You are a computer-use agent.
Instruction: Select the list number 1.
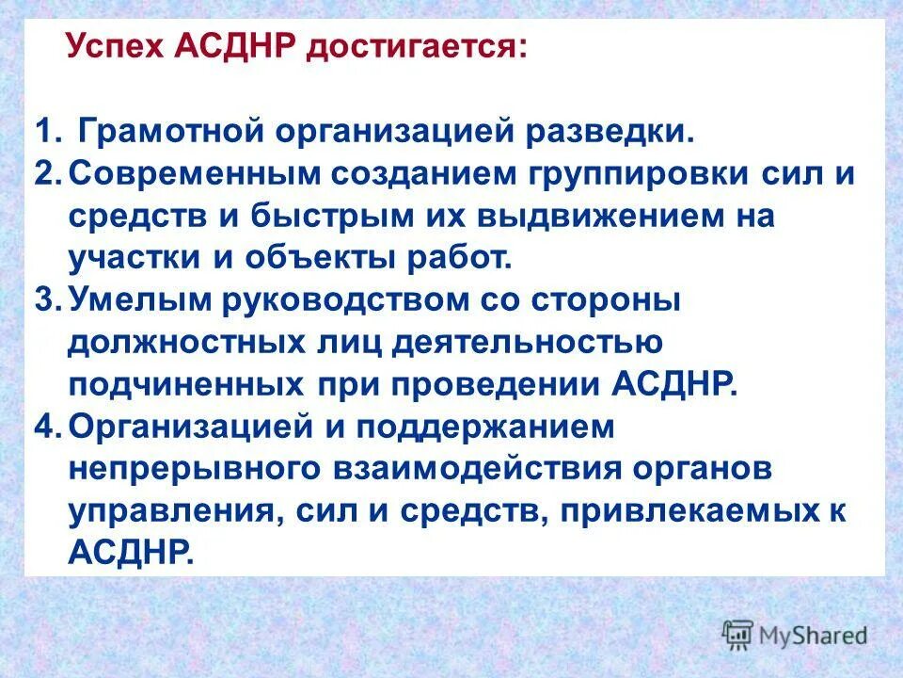[x=47, y=131]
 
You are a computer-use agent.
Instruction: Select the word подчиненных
[x=169, y=385]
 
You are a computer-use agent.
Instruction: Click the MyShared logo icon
[x=737, y=634]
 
